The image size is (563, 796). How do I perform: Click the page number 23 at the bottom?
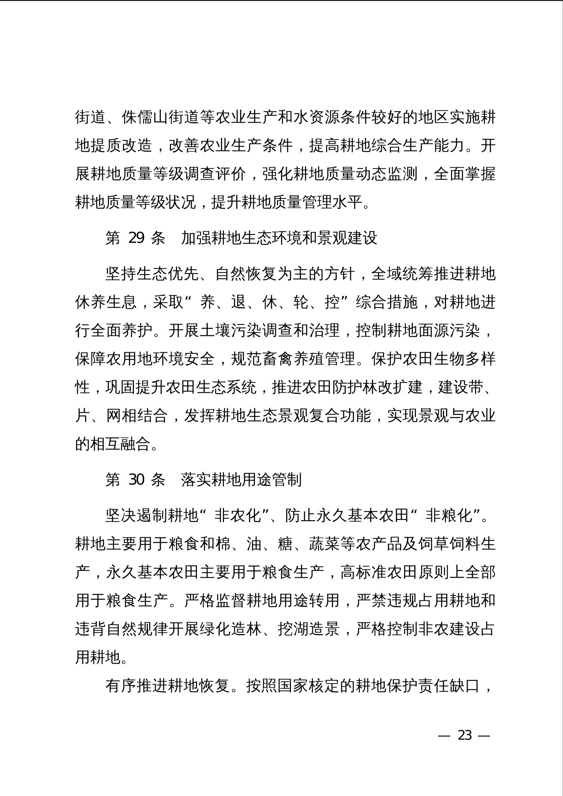pos(465,735)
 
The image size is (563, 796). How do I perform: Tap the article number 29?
pos(136,238)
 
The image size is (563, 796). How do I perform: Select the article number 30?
pos(136,479)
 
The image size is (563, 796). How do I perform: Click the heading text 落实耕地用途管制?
pos(241,479)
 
